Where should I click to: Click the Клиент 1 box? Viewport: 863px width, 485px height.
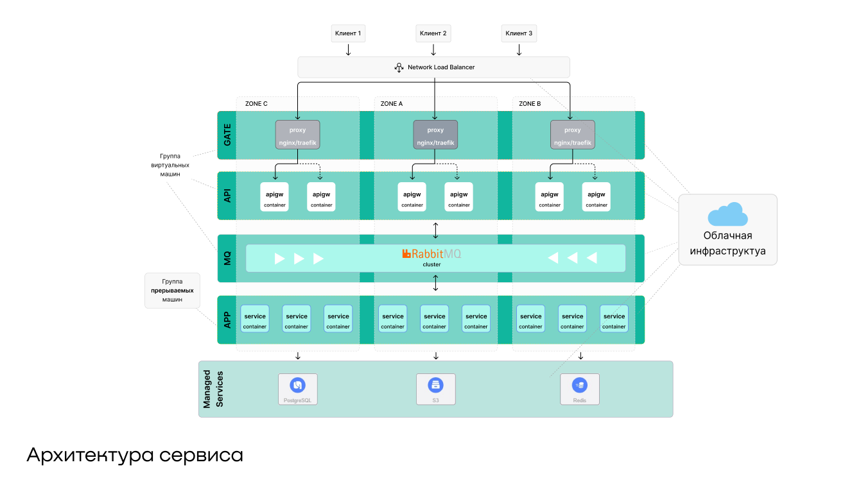click(348, 33)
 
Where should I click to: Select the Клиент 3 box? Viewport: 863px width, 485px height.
click(519, 33)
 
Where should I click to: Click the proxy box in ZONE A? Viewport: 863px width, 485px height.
click(435, 135)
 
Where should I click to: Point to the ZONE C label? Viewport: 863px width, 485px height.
click(256, 103)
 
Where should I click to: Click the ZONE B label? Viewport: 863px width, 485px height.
click(530, 103)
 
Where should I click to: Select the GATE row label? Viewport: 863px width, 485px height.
click(227, 135)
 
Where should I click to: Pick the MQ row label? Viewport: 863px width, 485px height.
click(227, 259)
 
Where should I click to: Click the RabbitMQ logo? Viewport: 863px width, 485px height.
click(431, 254)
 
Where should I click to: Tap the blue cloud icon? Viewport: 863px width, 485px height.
click(728, 215)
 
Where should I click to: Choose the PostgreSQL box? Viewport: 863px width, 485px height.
click(297, 389)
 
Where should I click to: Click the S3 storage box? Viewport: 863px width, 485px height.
click(435, 389)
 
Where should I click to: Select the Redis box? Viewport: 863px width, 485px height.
click(579, 389)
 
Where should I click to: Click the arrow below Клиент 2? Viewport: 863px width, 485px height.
click(433, 50)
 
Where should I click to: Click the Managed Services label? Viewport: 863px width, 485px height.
click(211, 389)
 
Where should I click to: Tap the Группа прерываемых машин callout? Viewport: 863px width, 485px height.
click(172, 291)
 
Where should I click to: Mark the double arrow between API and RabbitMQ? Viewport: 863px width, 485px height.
click(436, 228)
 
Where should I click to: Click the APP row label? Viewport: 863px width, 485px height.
click(227, 319)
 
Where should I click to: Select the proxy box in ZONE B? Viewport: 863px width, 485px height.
click(572, 135)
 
